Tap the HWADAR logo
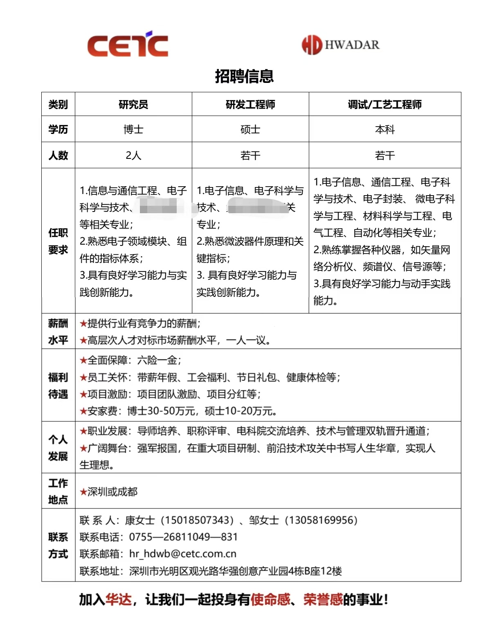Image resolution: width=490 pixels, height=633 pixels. point(340,45)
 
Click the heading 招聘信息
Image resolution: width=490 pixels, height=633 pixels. point(244,76)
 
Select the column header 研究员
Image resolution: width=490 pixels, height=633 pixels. point(133,105)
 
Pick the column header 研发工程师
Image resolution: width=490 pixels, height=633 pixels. point(250,105)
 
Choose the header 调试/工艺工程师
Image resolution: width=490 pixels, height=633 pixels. point(384,105)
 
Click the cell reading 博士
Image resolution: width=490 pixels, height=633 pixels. point(133,129)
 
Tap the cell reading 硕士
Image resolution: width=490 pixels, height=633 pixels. point(250,129)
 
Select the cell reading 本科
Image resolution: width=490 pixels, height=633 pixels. point(384,129)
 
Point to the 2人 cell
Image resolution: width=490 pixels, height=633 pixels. point(133,156)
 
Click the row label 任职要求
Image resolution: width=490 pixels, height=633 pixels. point(58,241)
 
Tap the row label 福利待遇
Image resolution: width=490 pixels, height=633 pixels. point(58,386)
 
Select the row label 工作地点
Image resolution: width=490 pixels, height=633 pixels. point(58,491)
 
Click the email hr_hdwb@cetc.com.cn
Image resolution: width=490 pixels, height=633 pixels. point(183,554)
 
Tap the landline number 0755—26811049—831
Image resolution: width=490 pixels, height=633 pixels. point(184,537)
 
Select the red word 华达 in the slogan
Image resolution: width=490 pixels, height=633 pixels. point(119,600)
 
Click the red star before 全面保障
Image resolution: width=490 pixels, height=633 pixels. point(83,361)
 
